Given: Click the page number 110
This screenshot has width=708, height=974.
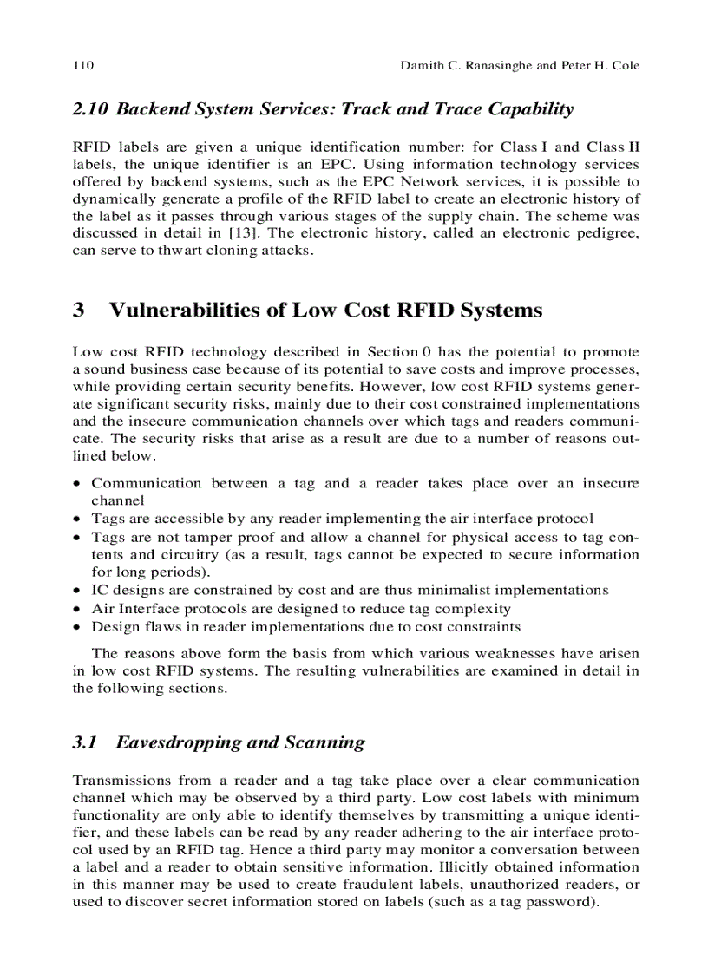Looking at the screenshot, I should [x=83, y=66].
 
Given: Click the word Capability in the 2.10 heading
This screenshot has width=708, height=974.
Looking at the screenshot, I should [x=529, y=109].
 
